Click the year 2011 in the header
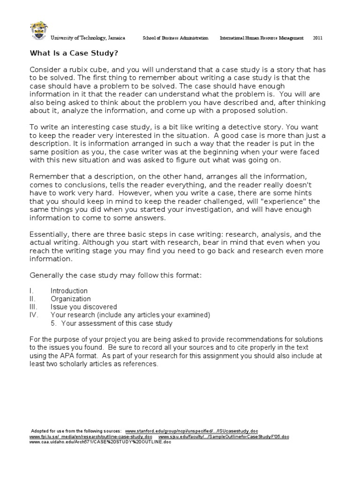tap(318, 38)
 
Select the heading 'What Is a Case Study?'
tap(74, 52)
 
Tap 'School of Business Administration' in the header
tap(175, 38)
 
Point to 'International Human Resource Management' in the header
tap(262, 38)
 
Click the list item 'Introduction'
tap(69, 291)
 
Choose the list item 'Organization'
tap(71, 299)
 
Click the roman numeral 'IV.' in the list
tap(33, 315)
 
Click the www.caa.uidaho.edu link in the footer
tap(94, 442)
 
